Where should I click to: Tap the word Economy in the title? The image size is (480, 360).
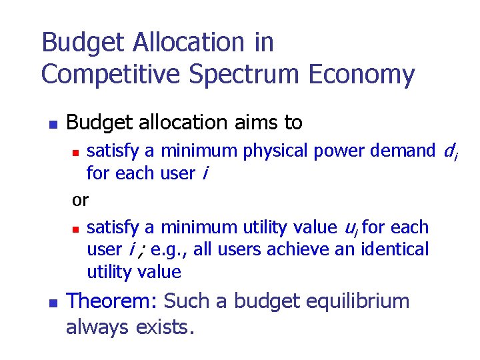point(362,75)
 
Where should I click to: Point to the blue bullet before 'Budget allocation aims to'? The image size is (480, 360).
point(53,125)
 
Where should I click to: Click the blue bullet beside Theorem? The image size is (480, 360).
point(53,303)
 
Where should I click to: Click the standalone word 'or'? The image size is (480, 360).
point(80,199)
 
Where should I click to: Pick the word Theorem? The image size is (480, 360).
point(111,301)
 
